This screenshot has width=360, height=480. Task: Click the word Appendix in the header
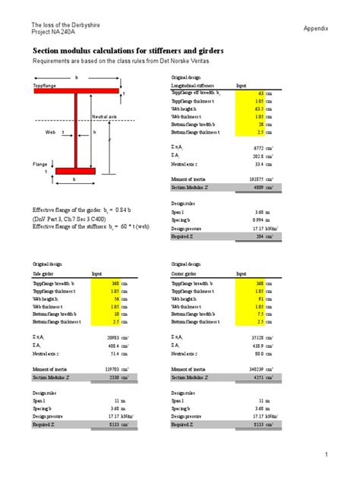tap(316, 28)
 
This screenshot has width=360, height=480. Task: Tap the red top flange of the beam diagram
tap(76, 90)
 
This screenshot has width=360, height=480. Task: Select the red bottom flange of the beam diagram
tap(74, 171)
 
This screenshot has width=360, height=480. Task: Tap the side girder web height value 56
tap(117, 298)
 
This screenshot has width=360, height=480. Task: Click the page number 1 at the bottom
tap(327, 455)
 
